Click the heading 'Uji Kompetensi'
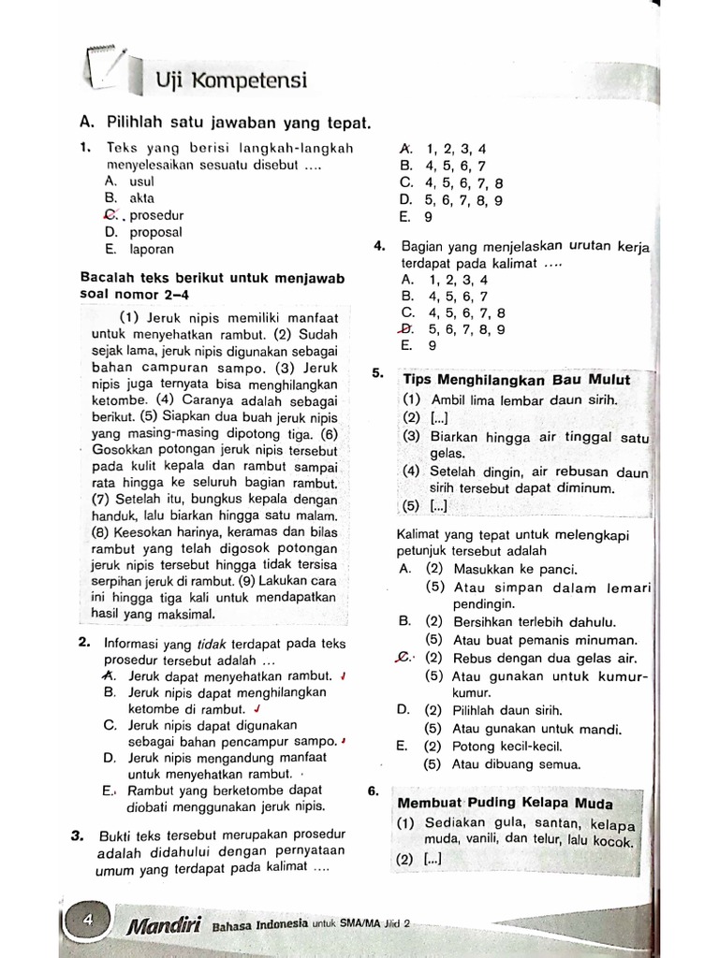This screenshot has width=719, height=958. pos(230,80)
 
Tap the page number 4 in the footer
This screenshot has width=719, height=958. pos(89,921)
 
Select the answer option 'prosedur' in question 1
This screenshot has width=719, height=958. pos(156,215)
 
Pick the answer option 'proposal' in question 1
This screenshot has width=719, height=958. pos(155,232)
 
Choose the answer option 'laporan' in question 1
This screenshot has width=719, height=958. pos(152,250)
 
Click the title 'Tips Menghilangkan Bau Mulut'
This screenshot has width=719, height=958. pos(516,380)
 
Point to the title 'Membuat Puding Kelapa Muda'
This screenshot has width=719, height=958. pos(506,804)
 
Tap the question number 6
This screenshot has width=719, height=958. pos(374,791)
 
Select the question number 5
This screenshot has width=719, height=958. pos(376,373)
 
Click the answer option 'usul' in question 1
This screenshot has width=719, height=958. pos(141,181)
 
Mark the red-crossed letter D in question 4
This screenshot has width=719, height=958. pos(405,329)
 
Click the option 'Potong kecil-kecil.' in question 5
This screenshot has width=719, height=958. pos(506,747)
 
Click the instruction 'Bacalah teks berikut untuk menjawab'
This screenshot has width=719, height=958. pos(213,278)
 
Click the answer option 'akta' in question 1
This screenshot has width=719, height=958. pos(141,198)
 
